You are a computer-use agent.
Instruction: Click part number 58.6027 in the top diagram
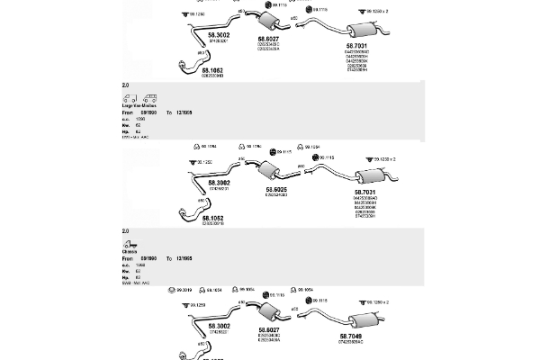pyautogui.click(x=268, y=39)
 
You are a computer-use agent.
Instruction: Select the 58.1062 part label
pyautogui.click(x=211, y=69)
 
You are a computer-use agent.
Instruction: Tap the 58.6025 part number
pyautogui.click(x=275, y=189)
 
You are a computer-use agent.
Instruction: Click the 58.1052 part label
pyautogui.click(x=211, y=218)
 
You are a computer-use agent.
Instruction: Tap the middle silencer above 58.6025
pyautogui.click(x=266, y=171)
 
